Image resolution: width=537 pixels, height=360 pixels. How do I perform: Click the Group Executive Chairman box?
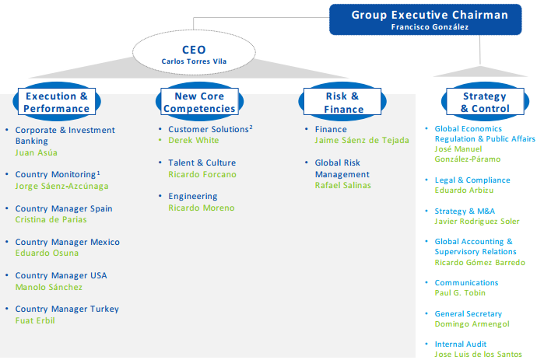(430, 19)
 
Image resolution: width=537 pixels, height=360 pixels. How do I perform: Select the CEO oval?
(184, 54)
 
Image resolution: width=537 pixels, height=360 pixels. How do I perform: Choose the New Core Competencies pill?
(199, 103)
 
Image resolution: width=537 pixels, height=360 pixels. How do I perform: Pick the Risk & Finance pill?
(342, 103)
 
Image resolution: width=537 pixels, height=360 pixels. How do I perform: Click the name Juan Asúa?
(31, 153)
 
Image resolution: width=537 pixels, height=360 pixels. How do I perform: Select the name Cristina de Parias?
(51, 220)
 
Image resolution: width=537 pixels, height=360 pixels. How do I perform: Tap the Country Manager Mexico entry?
(67, 243)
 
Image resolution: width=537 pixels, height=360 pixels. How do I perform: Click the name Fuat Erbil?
(35, 320)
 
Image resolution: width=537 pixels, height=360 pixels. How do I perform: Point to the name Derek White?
(193, 141)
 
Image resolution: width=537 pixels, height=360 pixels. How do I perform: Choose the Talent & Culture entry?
(202, 163)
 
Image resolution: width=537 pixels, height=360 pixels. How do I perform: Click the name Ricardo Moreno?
(201, 208)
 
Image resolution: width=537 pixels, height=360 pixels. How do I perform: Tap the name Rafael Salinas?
(343, 186)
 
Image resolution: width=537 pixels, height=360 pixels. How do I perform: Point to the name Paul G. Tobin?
(460, 294)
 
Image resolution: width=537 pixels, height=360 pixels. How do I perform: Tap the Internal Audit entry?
(461, 344)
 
